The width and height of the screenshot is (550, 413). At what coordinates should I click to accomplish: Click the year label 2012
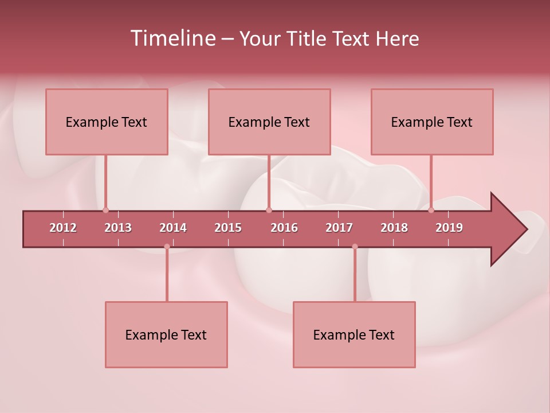click(x=63, y=228)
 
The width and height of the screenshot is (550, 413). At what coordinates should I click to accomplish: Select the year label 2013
click(x=118, y=228)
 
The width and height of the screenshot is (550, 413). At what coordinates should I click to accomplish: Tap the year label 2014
click(x=173, y=228)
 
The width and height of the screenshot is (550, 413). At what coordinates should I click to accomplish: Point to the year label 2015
click(x=228, y=228)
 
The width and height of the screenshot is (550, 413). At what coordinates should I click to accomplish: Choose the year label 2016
click(x=284, y=228)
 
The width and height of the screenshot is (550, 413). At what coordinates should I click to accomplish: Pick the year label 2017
click(x=339, y=228)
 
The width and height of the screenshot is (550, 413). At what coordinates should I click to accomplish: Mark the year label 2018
click(x=394, y=228)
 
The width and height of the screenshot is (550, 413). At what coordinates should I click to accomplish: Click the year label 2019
click(x=449, y=228)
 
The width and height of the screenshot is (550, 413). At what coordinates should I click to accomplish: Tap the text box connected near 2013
click(x=107, y=122)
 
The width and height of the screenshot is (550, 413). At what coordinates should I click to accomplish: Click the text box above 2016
click(x=269, y=122)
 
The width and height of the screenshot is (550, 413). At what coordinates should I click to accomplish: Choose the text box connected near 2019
click(x=432, y=122)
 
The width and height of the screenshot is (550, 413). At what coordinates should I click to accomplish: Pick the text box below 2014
click(x=166, y=334)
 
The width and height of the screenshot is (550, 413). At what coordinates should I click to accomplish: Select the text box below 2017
click(x=354, y=334)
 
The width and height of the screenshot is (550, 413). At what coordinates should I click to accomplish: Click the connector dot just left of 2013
click(x=105, y=210)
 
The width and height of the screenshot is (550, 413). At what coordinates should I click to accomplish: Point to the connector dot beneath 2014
click(x=167, y=247)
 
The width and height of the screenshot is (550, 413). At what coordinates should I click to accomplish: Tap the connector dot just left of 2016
click(x=269, y=210)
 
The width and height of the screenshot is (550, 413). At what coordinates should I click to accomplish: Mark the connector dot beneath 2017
click(x=355, y=247)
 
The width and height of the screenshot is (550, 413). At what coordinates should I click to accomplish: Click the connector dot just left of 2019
click(x=431, y=210)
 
